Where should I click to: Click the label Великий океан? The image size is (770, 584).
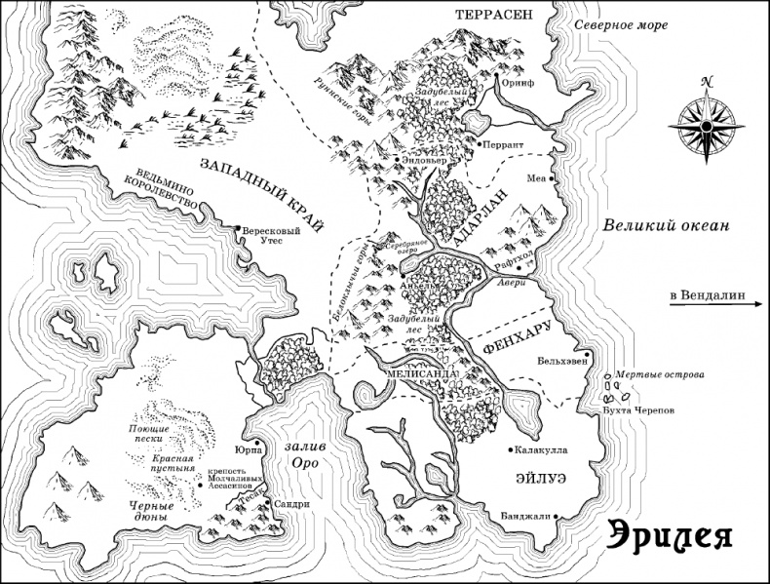tap(665, 225)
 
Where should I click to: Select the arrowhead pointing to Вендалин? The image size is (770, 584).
tap(755, 305)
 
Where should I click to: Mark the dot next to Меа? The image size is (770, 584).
tap(551, 179)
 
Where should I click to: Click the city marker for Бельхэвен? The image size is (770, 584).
tap(588, 355)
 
